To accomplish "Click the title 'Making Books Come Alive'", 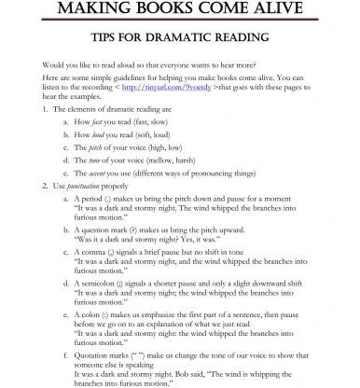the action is tap(179, 10).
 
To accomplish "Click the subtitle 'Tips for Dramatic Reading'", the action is tap(179, 38).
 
